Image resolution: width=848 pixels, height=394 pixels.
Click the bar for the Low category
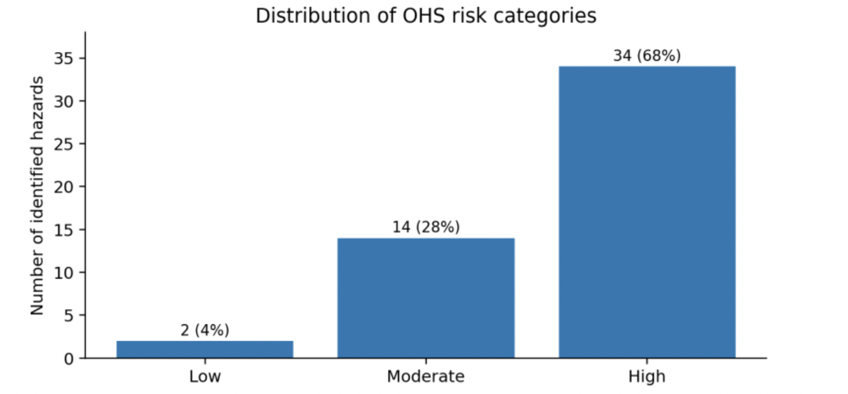205,349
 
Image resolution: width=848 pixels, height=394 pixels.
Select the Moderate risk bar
426,298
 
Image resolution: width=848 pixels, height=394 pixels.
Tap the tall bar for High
647,212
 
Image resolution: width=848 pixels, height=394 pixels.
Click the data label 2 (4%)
205,331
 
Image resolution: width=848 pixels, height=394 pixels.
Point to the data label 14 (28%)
426,227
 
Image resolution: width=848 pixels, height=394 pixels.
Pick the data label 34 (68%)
647,56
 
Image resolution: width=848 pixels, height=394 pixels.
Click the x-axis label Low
205,376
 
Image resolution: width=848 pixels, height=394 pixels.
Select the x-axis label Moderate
426,376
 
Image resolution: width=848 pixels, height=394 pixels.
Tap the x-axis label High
647,377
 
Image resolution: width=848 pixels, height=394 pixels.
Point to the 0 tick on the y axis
68,358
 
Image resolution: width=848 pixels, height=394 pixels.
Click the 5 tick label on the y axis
68,316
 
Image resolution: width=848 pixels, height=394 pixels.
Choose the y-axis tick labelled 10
63,273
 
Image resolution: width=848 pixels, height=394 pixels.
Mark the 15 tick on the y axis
63,230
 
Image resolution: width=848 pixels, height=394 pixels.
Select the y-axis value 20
63,187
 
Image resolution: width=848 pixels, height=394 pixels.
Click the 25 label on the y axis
63,144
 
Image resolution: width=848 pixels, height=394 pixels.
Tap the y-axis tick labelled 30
63,102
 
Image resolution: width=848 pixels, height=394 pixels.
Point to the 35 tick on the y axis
63,58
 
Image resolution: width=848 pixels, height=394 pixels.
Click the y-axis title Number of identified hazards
37,196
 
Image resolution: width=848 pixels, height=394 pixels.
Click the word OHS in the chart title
423,16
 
